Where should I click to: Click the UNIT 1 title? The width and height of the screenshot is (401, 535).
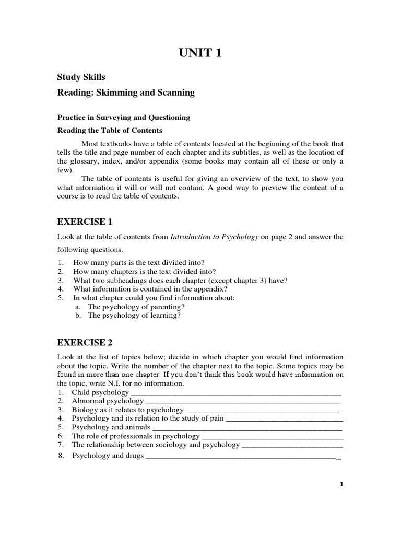point(200,53)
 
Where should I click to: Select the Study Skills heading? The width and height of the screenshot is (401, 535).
point(81,77)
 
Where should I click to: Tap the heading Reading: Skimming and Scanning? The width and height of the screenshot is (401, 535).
point(125,92)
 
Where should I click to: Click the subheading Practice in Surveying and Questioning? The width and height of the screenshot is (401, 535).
point(123,118)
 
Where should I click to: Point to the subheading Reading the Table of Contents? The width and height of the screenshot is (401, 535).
point(109,130)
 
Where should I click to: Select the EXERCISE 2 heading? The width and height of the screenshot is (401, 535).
point(85,343)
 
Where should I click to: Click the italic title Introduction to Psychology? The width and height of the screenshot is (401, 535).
point(214,237)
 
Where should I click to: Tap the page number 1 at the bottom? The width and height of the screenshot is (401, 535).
point(342,484)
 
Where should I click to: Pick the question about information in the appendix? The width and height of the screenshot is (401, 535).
point(150,289)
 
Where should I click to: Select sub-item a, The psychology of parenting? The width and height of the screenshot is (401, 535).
point(136,307)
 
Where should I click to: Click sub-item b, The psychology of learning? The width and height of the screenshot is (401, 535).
point(134,316)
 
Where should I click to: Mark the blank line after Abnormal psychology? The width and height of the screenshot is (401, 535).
point(242,401)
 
